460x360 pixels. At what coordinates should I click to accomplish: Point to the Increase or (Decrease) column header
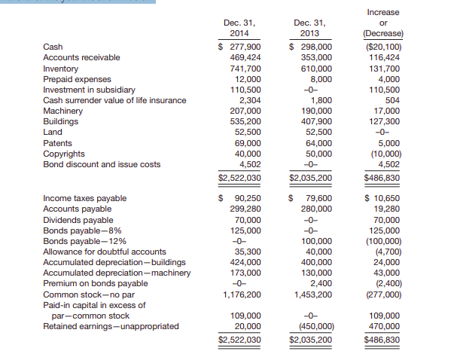coord(382,23)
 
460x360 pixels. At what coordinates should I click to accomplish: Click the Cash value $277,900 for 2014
coord(239,47)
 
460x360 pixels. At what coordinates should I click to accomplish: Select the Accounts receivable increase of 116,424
coord(386,57)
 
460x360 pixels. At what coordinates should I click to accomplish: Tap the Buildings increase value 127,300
coord(386,121)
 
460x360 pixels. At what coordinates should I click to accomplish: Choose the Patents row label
coord(58,143)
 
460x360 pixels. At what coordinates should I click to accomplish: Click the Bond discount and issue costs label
coord(102,164)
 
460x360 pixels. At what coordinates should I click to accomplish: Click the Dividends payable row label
coord(78,220)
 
